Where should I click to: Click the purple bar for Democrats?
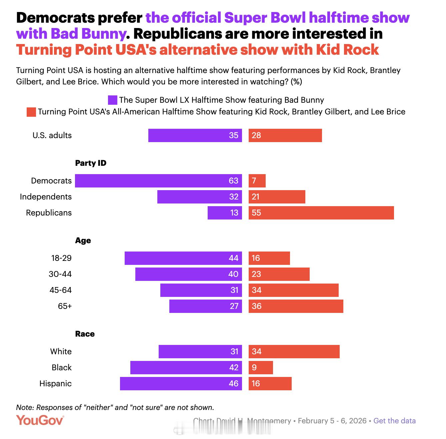[158, 181]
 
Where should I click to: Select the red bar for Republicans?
[321, 213]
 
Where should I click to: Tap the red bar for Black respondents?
[261, 368]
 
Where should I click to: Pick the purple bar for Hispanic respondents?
[181, 384]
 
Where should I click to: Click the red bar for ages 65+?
[296, 306]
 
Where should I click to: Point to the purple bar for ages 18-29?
[183, 258]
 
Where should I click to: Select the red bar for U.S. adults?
[285, 135]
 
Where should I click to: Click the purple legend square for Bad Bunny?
[112, 100]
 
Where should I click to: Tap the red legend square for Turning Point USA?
[31, 112]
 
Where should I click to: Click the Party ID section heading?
[91, 163]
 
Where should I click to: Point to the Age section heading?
[83, 241]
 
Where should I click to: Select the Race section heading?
[85, 334]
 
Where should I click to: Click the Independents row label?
[46, 197]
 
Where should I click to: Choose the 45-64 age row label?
[60, 290]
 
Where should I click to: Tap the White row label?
[61, 352]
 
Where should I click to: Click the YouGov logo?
[40, 420]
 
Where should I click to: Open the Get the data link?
[394, 421]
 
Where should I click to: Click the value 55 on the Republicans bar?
[256, 213]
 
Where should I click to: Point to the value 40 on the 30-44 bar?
[233, 274]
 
